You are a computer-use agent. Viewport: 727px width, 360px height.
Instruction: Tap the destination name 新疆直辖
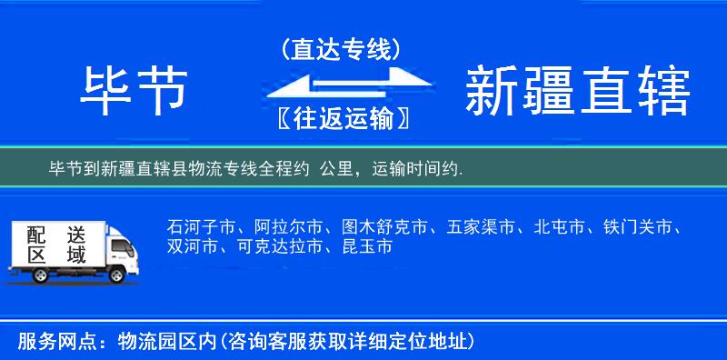577,92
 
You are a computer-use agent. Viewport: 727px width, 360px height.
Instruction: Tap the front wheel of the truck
116,275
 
